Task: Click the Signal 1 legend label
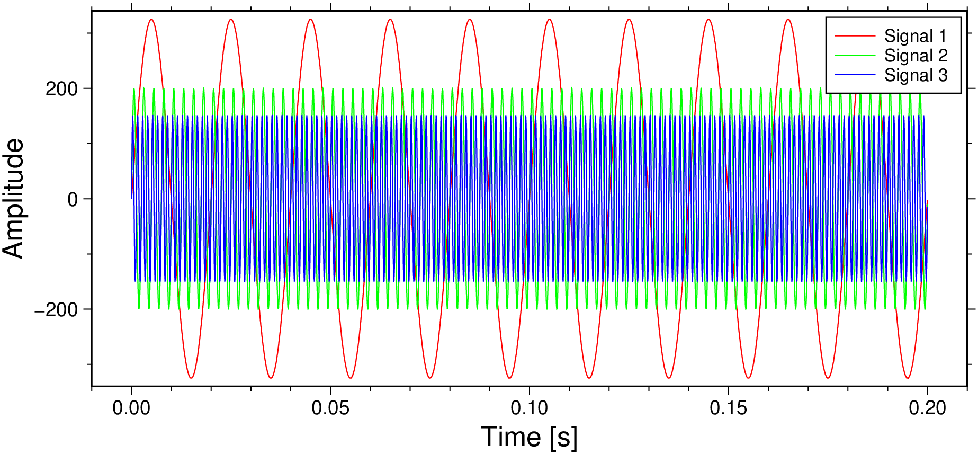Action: [x=915, y=36]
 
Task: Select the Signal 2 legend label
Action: [x=915, y=56]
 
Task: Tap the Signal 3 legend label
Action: [x=915, y=75]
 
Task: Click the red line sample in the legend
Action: [x=855, y=36]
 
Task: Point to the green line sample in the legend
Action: [x=855, y=56]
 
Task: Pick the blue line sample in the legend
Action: [x=855, y=75]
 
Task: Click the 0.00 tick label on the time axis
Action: [x=131, y=408]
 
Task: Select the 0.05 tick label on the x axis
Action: [x=330, y=408]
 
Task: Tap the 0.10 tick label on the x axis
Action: [x=530, y=408]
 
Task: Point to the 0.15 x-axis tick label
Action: [x=729, y=408]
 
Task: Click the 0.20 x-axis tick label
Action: [x=927, y=408]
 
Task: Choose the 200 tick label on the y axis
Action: [x=61, y=88]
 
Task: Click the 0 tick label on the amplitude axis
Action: [x=73, y=199]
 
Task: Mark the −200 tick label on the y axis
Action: [x=56, y=309]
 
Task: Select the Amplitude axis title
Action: [x=14, y=199]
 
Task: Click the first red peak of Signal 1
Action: [x=151, y=20]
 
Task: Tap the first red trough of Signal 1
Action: [x=191, y=378]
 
